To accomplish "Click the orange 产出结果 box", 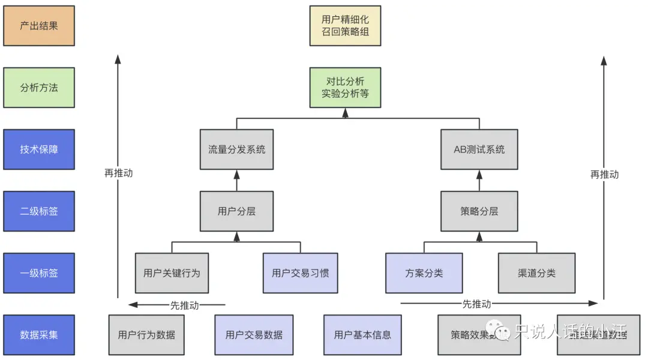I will coord(39,26).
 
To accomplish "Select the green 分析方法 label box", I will coord(39,88).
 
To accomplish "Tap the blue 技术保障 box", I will coord(39,149).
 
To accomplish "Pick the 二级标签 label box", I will coord(39,211).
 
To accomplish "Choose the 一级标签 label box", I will coord(39,273).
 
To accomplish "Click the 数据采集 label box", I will coord(39,335).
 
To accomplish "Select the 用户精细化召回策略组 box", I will coord(345,26).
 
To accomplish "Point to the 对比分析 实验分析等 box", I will coord(345,88).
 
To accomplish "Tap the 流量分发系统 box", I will coord(236,149).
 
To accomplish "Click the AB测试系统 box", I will coord(479,149).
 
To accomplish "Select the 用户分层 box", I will coord(236,211).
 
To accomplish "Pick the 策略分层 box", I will coord(479,211).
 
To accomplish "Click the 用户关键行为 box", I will coord(172,273).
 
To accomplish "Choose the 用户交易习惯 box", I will coord(300,273).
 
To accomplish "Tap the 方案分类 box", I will coord(424,273).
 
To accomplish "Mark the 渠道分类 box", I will coord(536,273).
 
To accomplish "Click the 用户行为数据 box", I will coord(146,335).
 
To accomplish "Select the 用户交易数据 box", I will coord(254,335).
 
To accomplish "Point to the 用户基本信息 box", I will coord(362,335).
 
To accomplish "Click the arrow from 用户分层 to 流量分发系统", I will coord(236,181).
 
